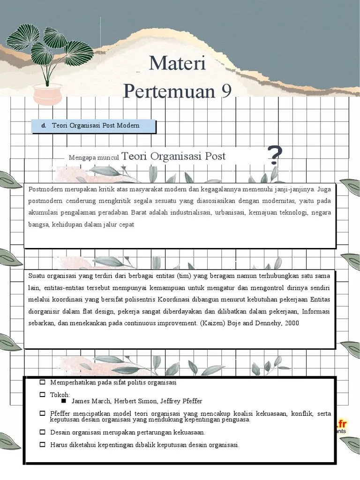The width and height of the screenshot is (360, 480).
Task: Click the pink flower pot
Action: coord(47,94)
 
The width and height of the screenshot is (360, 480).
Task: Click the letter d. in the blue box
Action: coord(44,126)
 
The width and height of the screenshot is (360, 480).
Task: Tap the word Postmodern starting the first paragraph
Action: coord(45,190)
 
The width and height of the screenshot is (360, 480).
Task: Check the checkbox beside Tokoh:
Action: coord(43,394)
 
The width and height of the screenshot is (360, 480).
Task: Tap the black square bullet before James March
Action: coord(64,401)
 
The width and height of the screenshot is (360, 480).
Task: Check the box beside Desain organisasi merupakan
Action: coord(43,432)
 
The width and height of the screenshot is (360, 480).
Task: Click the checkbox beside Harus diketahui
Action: coord(43,444)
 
